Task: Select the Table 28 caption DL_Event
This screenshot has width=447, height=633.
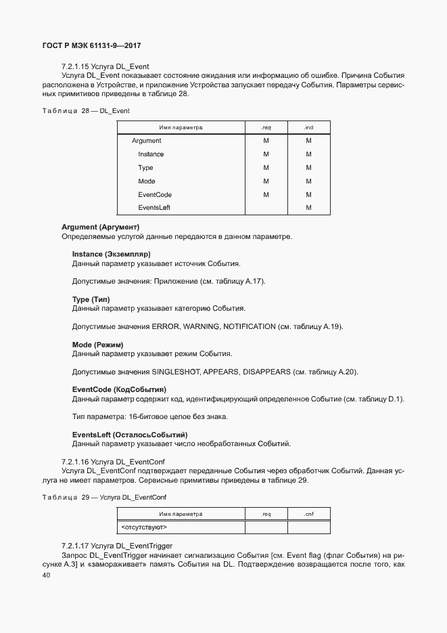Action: point(86,110)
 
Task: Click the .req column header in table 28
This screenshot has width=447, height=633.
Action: point(266,127)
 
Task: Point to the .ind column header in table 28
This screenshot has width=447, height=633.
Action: point(308,127)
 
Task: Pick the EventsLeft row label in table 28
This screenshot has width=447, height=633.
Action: point(154,208)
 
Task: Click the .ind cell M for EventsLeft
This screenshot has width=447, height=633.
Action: point(308,208)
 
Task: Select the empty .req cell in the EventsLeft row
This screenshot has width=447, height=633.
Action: point(266,208)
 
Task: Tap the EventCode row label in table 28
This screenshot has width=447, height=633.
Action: point(155,194)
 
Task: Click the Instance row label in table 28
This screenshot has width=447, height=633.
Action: point(151,154)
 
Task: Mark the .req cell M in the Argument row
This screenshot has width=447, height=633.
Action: point(266,141)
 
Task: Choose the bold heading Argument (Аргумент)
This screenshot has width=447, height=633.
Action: point(100,227)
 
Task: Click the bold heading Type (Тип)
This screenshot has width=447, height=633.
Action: point(91,299)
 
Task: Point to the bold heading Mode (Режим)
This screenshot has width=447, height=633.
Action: point(97,345)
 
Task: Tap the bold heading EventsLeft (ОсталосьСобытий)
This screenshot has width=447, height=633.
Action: point(130,435)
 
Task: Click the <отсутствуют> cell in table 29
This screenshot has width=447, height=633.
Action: point(144,527)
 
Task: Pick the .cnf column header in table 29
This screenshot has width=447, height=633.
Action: point(308,514)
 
